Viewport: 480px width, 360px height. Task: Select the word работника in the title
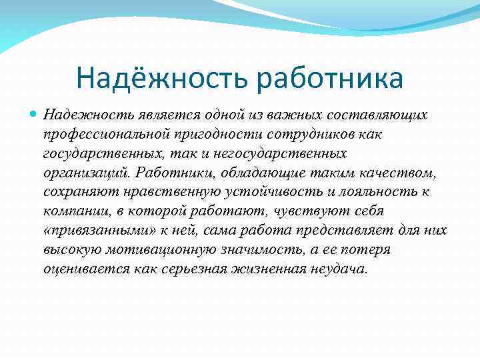pos(326,78)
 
